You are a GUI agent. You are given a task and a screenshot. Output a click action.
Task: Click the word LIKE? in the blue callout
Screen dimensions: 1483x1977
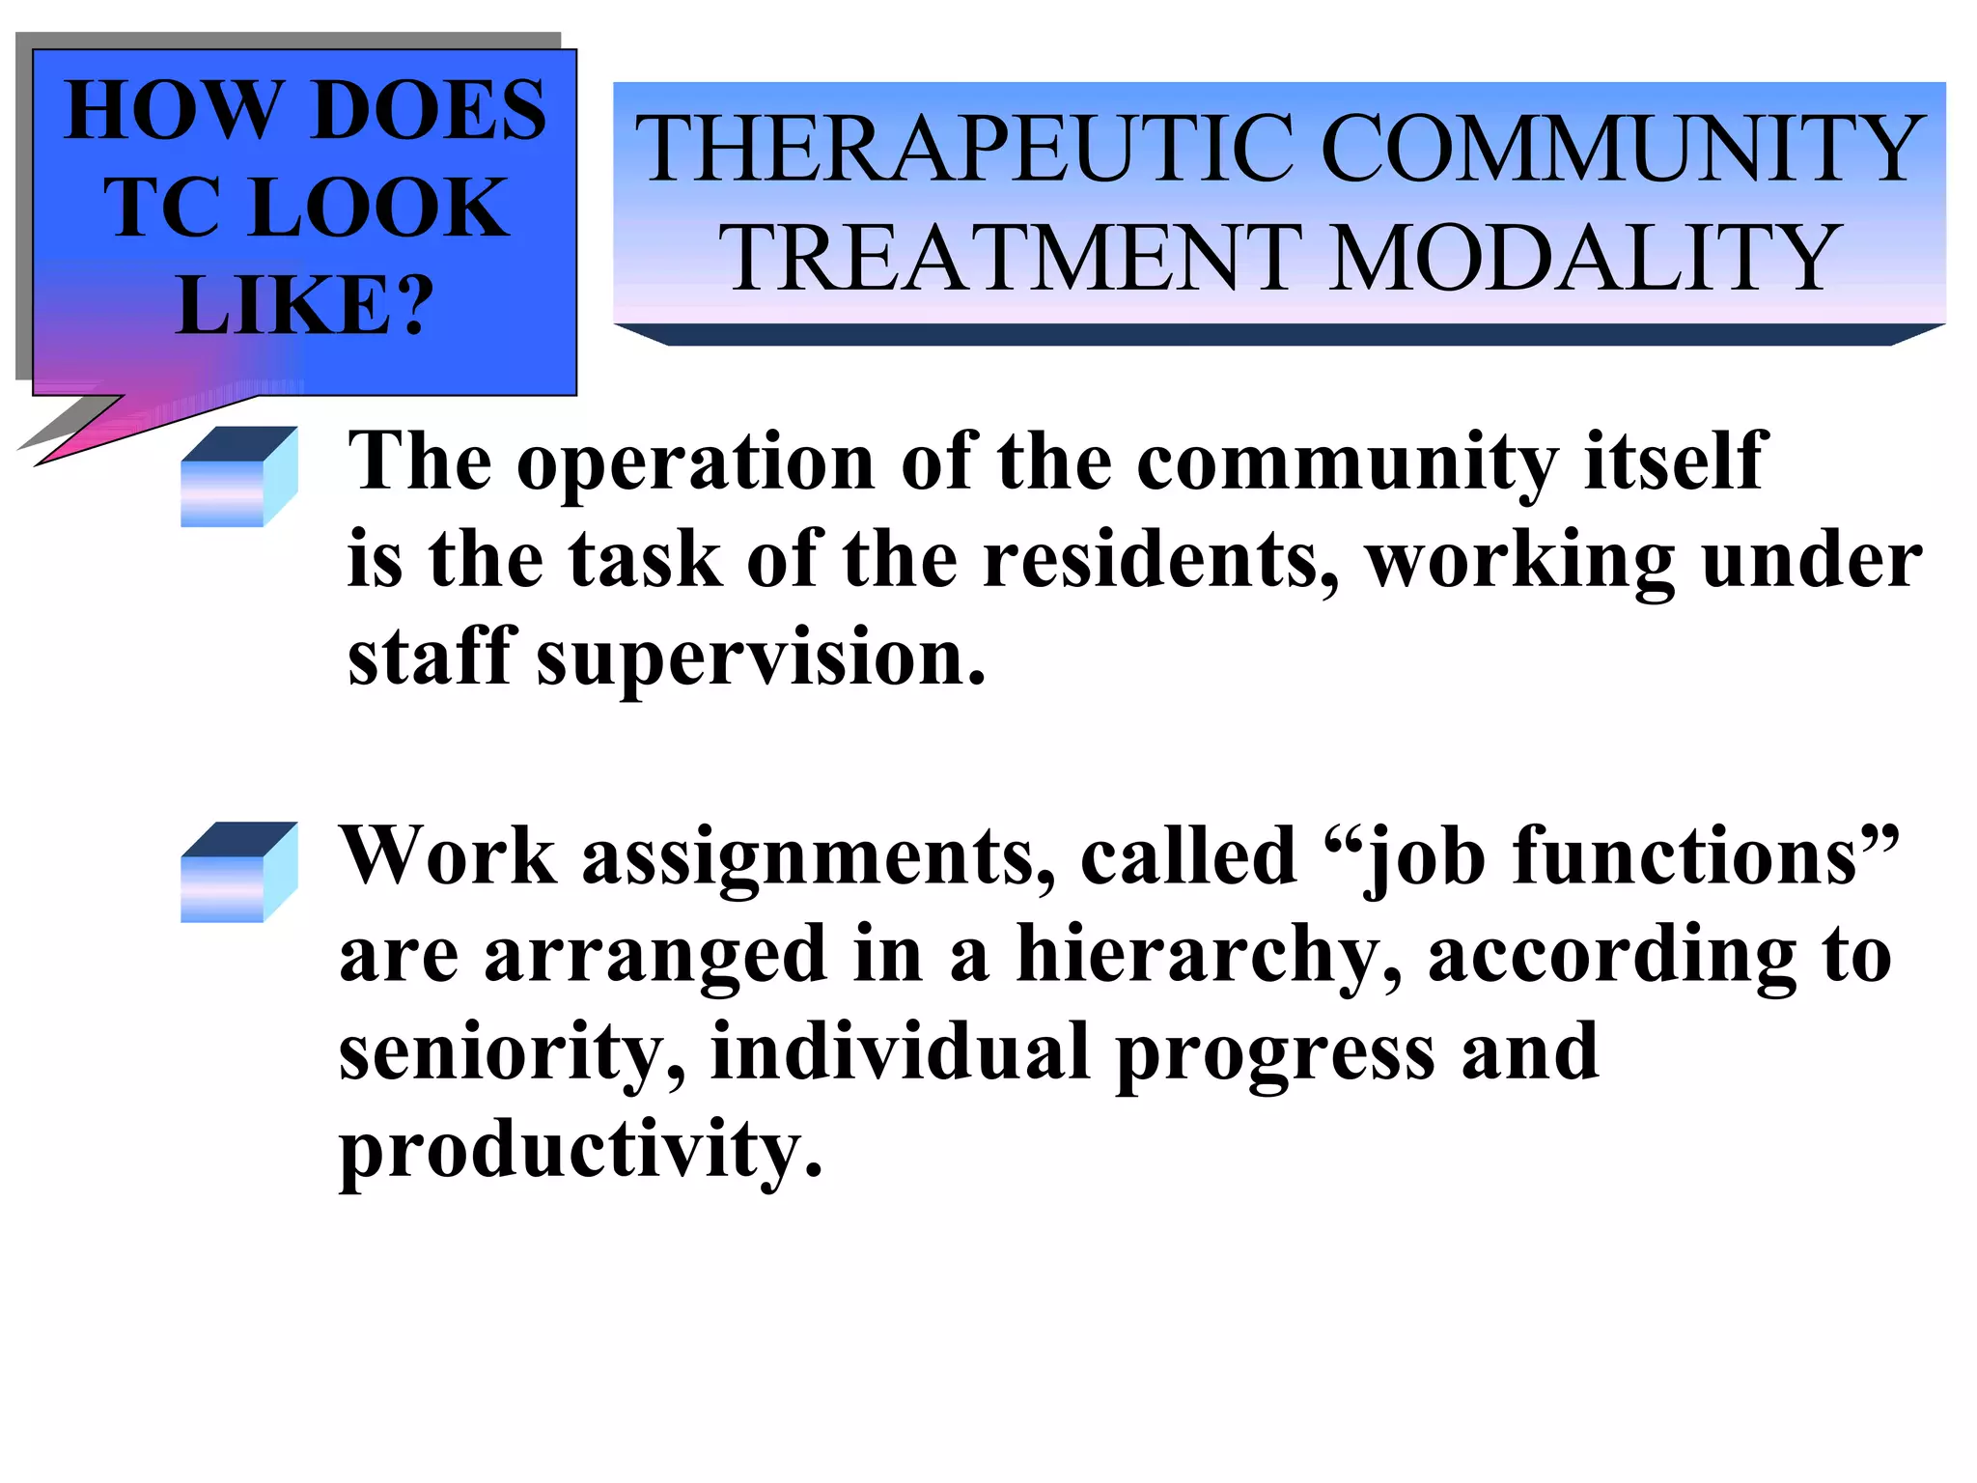pos(304,305)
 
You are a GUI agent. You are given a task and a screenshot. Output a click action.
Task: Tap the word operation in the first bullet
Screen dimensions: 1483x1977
pos(696,462)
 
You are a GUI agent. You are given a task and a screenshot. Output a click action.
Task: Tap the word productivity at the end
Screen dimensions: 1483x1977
pos(580,1150)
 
